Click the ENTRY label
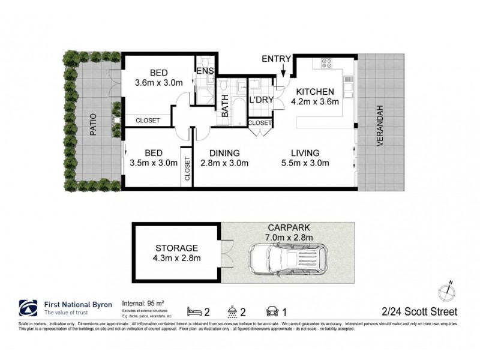pos(276,58)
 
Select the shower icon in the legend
pos(232,311)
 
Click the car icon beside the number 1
pos(271,311)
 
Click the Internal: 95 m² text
pos(147,303)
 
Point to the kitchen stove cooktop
pos(327,62)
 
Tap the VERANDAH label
pos(379,124)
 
